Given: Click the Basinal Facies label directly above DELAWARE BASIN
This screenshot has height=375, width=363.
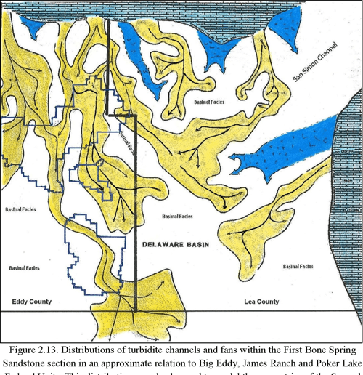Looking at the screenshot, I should [x=178, y=216].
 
